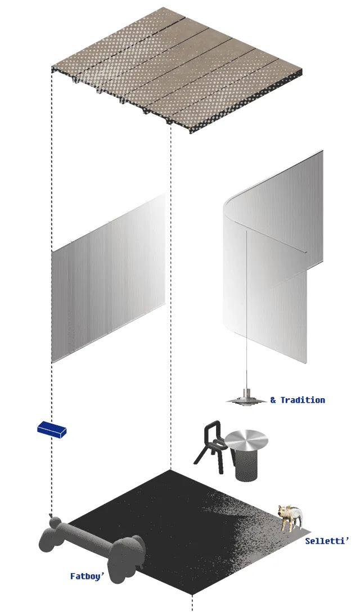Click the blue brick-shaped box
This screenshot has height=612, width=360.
pyautogui.click(x=52, y=430)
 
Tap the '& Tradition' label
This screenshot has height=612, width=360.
pyautogui.click(x=298, y=400)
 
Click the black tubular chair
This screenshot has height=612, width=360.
pyautogui.click(x=211, y=447)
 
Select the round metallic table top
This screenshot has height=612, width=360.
pyautogui.click(x=246, y=439)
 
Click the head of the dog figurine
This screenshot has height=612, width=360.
pyautogui.click(x=283, y=511)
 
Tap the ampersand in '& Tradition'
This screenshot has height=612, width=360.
pyautogui.click(x=273, y=400)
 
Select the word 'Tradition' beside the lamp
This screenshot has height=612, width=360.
pyautogui.click(x=303, y=400)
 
